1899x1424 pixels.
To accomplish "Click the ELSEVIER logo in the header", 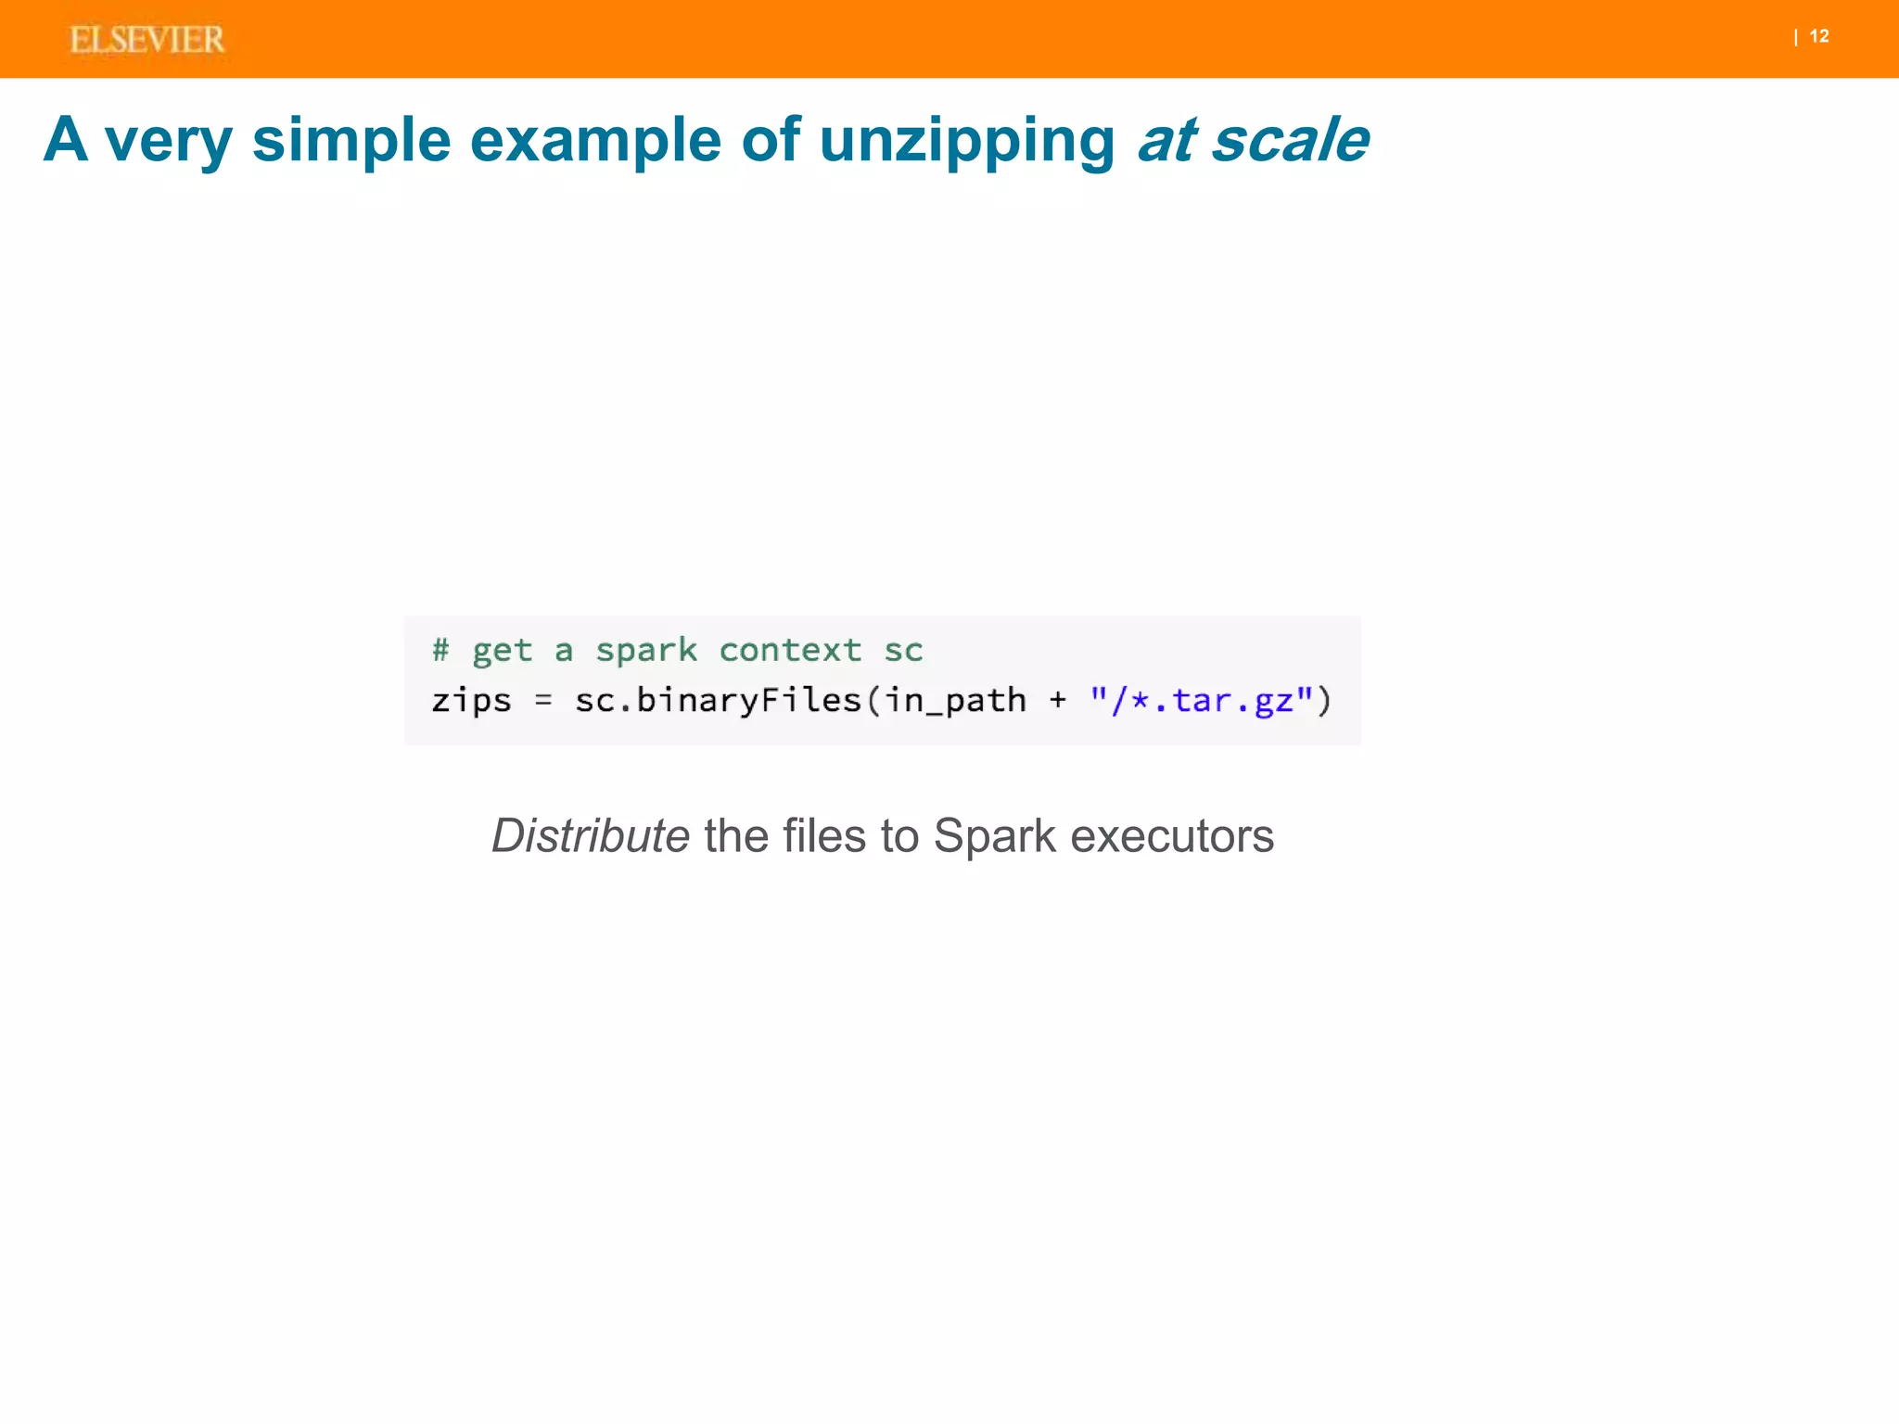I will coord(147,40).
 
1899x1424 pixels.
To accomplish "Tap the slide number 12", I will coord(1819,36).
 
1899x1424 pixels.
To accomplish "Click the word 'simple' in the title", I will coord(351,140).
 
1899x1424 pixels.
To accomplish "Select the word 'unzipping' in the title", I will coord(967,142).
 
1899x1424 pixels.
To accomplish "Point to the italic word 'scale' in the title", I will coord(1290,140).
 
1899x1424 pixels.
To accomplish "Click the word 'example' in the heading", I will coord(595,142).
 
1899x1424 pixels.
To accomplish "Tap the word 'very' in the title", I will coord(168,142).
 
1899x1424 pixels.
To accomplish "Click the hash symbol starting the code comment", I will coord(440,649).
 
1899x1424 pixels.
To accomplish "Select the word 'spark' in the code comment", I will coord(645,651).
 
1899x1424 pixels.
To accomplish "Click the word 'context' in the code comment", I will coord(790,650).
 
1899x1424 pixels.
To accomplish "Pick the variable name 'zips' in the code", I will coord(471,701).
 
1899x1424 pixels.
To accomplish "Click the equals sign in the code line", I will coord(543,701).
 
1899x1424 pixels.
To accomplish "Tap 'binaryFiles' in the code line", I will coord(749,701).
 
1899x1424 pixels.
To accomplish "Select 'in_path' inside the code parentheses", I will coord(955,701).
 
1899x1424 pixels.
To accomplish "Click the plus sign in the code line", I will coord(1058,701).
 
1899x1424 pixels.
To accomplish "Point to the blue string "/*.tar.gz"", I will coord(1202,701).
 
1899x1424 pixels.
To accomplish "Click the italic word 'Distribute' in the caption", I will coord(590,835).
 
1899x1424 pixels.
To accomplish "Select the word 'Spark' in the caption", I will coord(994,835).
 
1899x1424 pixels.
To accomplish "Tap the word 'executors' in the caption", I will coord(1172,835).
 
